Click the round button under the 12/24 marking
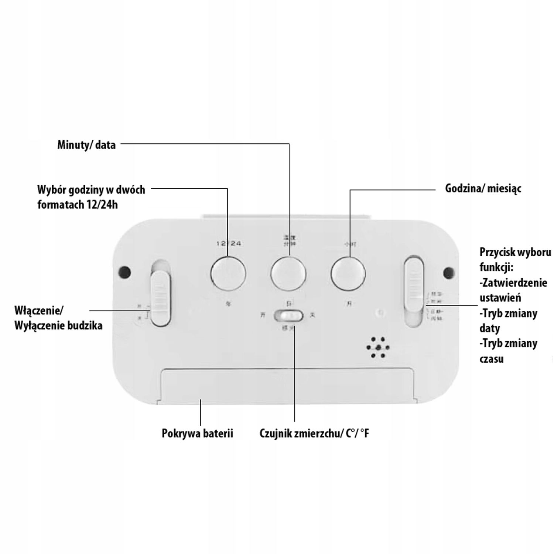(x=228, y=274)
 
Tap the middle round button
(x=288, y=274)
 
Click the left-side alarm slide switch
(x=160, y=298)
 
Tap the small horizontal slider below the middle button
(x=288, y=316)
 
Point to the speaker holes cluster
(x=377, y=348)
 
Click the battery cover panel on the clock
(x=287, y=385)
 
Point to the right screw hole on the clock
(x=449, y=273)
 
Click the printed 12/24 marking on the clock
(x=229, y=243)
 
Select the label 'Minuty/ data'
(x=86, y=145)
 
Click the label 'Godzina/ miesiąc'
(x=483, y=188)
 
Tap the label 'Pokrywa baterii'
(x=197, y=433)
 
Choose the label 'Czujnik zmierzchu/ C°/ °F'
(x=314, y=433)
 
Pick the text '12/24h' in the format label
(x=102, y=204)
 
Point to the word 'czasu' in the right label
(x=491, y=359)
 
